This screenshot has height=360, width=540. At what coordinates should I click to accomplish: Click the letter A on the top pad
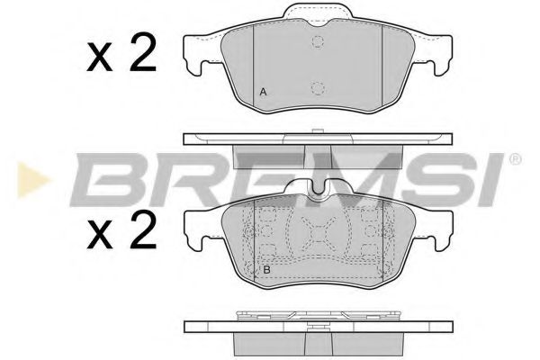tap(263, 93)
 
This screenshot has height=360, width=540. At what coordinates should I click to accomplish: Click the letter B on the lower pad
tap(266, 269)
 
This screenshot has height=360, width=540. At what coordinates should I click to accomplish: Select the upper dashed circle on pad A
tap(317, 43)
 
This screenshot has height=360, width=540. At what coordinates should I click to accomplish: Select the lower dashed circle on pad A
tap(317, 88)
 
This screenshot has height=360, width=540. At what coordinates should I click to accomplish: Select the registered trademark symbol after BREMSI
tap(515, 159)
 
